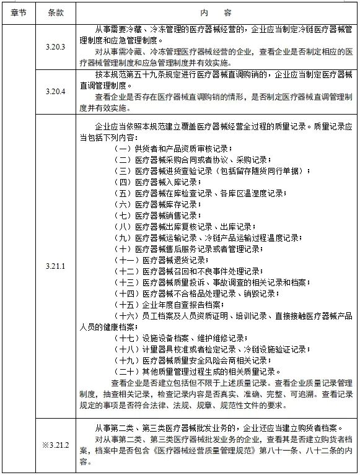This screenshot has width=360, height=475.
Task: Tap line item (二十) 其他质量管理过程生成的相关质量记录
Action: click(198, 372)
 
